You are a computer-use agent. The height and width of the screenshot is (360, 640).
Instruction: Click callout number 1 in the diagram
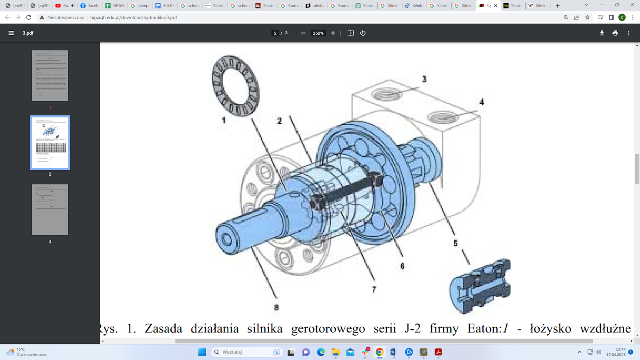click(x=224, y=120)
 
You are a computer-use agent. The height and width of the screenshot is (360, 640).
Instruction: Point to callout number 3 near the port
click(x=424, y=79)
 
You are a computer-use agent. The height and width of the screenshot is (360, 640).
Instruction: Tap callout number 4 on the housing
click(x=482, y=102)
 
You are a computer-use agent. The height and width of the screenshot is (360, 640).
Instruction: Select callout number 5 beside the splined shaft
click(x=455, y=243)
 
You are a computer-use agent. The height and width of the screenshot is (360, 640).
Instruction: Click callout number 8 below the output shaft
click(x=276, y=307)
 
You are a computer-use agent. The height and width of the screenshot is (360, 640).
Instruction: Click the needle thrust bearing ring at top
click(x=236, y=86)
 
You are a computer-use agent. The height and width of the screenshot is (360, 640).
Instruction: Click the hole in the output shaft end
click(x=227, y=240)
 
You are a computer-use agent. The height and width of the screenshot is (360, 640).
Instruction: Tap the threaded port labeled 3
click(x=386, y=95)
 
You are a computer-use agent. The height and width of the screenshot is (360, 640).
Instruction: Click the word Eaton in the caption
click(x=484, y=328)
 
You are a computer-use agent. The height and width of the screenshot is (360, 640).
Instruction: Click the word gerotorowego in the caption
click(x=328, y=328)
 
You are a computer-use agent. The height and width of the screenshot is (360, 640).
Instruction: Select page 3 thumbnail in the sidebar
click(x=50, y=210)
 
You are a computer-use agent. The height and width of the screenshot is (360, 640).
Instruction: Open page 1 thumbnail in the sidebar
click(x=50, y=76)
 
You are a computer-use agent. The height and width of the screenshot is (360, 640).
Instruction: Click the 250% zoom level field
click(x=318, y=33)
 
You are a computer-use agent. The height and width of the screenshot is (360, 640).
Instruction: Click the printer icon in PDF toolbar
click(x=615, y=33)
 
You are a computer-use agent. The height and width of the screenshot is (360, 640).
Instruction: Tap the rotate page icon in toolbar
click(x=363, y=33)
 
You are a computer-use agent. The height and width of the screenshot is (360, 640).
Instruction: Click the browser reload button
click(x=28, y=17)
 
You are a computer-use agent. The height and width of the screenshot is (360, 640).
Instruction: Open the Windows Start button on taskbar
click(x=202, y=352)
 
